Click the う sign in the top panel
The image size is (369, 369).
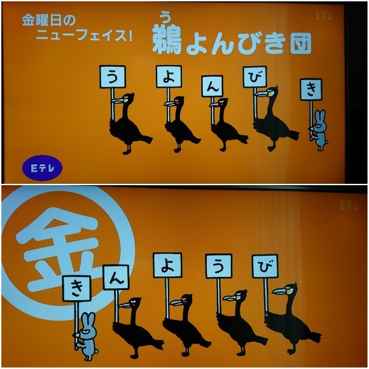click(113, 77)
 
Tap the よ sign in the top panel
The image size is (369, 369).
click(169, 77)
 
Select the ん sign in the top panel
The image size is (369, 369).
click(212, 86)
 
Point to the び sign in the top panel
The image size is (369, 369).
click(255, 77)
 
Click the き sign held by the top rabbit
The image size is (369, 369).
click(311, 90)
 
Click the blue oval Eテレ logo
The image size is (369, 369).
click(43, 168)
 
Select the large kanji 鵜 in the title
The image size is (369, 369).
click(167, 40)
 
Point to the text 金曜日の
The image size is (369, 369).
click(49, 20)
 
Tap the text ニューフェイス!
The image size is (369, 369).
click(84, 36)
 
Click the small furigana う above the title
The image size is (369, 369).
click(165, 17)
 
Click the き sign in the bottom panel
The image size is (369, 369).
click(77, 288)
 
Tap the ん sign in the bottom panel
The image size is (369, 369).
click(116, 277)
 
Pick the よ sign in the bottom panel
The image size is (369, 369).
click(168, 265)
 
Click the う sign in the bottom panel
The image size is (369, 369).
click(219, 266)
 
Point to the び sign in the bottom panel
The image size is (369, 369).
click(265, 266)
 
